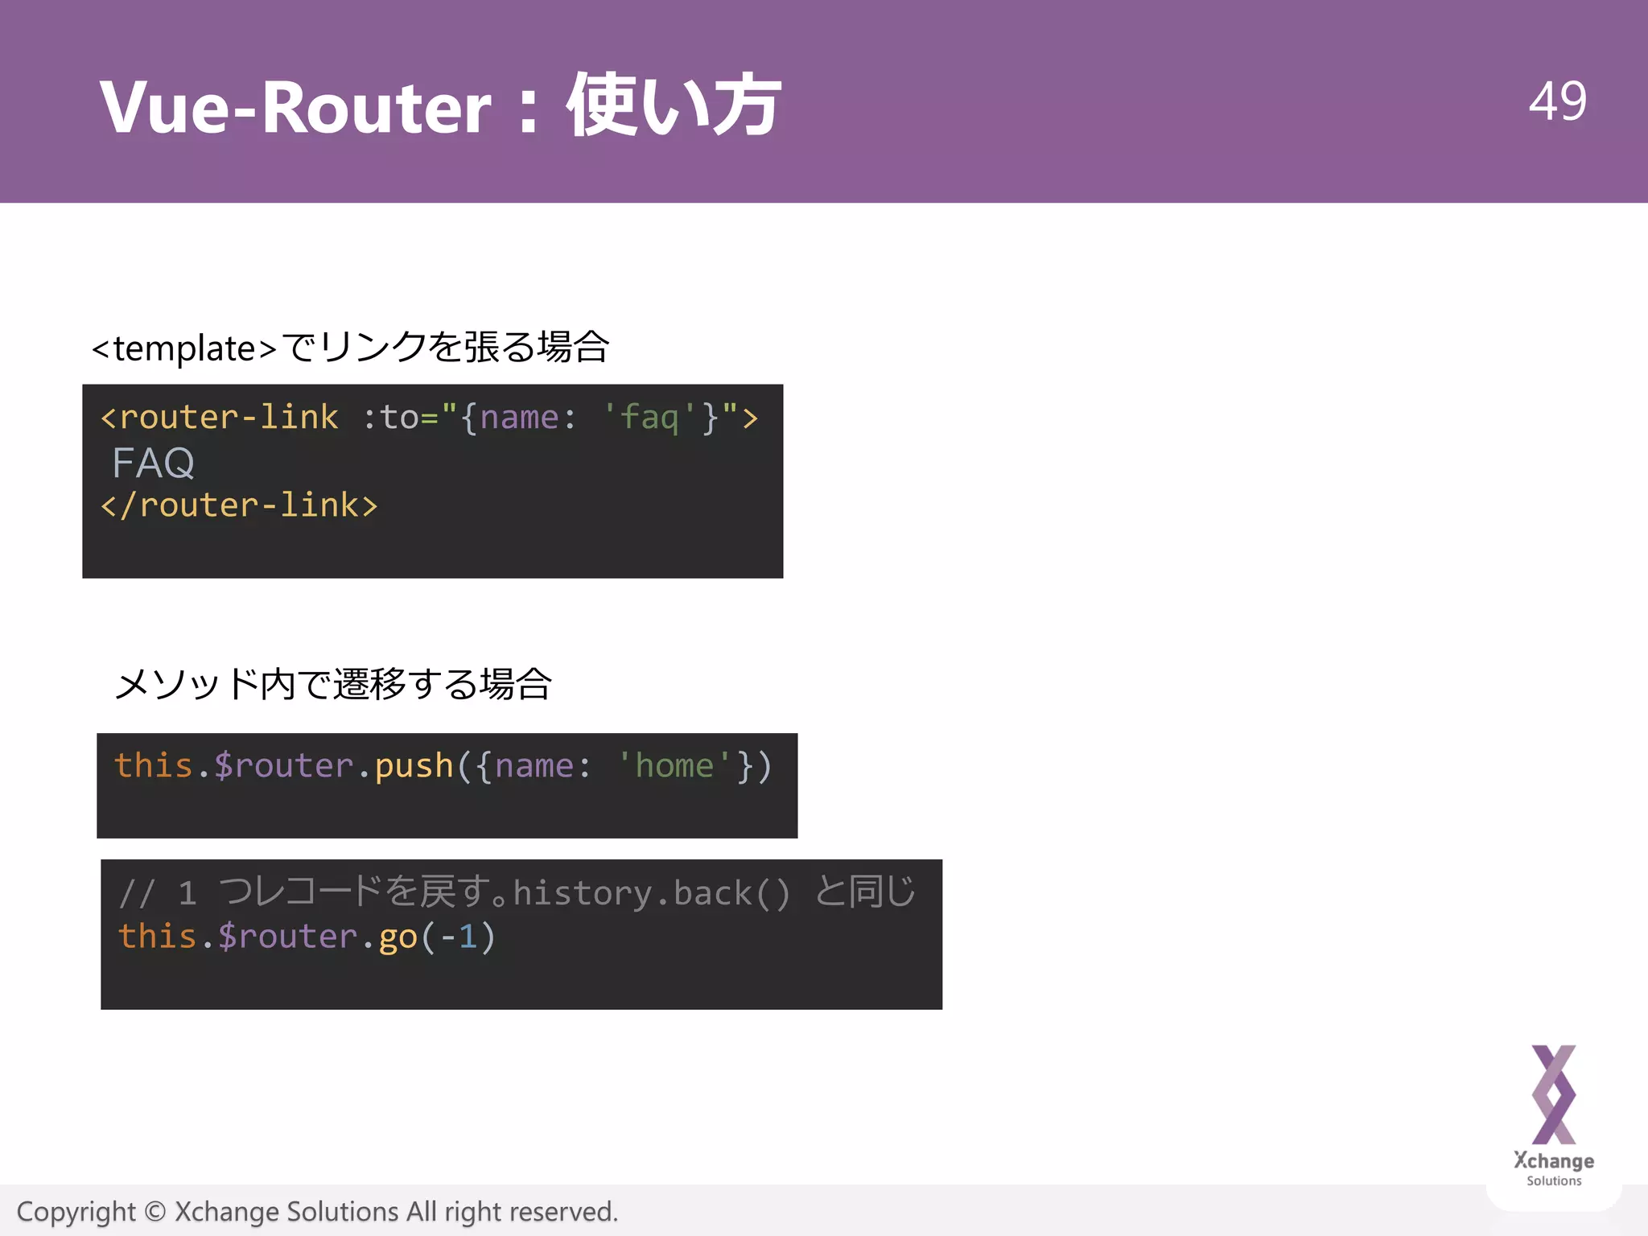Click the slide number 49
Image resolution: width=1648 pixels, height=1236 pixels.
tap(1557, 102)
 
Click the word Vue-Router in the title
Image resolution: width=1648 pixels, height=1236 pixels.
tap(295, 107)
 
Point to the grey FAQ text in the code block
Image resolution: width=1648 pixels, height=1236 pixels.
tap(153, 463)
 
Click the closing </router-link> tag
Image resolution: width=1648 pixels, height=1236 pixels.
tap(239, 505)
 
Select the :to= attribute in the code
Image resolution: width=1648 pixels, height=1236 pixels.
tap(400, 418)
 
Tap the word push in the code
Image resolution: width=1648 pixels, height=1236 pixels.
tap(414, 766)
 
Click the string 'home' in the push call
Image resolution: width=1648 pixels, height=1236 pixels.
tap(674, 766)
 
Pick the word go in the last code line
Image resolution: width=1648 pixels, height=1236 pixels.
tap(398, 937)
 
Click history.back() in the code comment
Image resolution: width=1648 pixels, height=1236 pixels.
tap(652, 893)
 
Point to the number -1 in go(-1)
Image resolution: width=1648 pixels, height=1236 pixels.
tap(459, 937)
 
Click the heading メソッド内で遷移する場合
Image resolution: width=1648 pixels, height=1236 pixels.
tap(333, 685)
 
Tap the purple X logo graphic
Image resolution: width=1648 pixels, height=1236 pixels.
tap(1553, 1094)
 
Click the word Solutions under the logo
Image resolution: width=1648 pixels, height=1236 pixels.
tap(1554, 1181)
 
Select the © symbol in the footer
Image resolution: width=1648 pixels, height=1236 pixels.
tap(155, 1212)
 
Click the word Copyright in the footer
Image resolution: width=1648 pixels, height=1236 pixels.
tap(76, 1212)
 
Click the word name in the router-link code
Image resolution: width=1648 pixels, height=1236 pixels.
tap(519, 418)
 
